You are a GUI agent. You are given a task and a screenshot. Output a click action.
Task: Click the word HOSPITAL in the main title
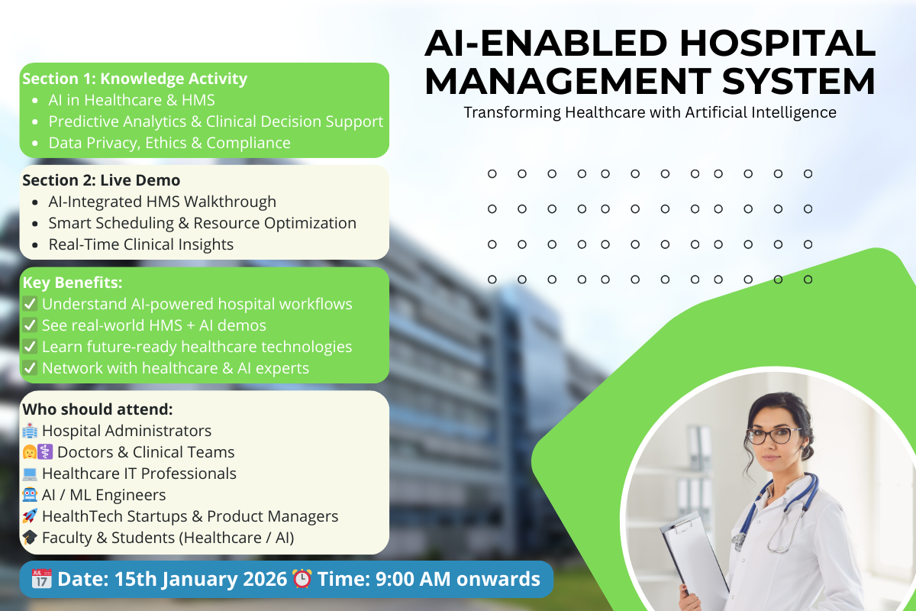778,43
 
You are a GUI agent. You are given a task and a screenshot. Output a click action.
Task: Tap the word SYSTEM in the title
798,81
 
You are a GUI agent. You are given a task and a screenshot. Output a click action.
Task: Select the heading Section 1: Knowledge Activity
134,79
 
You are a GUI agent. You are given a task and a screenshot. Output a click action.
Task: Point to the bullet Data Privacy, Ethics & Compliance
169,143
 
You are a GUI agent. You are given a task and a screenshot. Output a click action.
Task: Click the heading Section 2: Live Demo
101,180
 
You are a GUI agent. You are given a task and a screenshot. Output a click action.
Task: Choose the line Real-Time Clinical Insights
140,244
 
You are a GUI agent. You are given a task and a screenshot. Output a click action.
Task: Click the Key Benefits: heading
73,283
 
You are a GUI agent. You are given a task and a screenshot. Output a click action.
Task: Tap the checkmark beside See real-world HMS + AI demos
30,325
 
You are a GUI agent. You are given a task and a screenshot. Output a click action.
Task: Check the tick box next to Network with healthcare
30,368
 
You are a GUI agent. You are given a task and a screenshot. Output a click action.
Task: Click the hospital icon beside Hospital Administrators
30,431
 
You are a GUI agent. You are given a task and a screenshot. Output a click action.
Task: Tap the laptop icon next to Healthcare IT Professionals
30,474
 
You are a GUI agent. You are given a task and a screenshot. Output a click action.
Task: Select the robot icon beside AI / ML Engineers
30,495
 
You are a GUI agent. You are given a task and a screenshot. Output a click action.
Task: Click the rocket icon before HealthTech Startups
30,516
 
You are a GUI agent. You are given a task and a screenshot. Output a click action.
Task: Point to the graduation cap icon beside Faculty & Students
30,538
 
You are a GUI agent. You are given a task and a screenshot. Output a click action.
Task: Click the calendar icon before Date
42,579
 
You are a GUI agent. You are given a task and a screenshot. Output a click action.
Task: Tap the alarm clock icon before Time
302,579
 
